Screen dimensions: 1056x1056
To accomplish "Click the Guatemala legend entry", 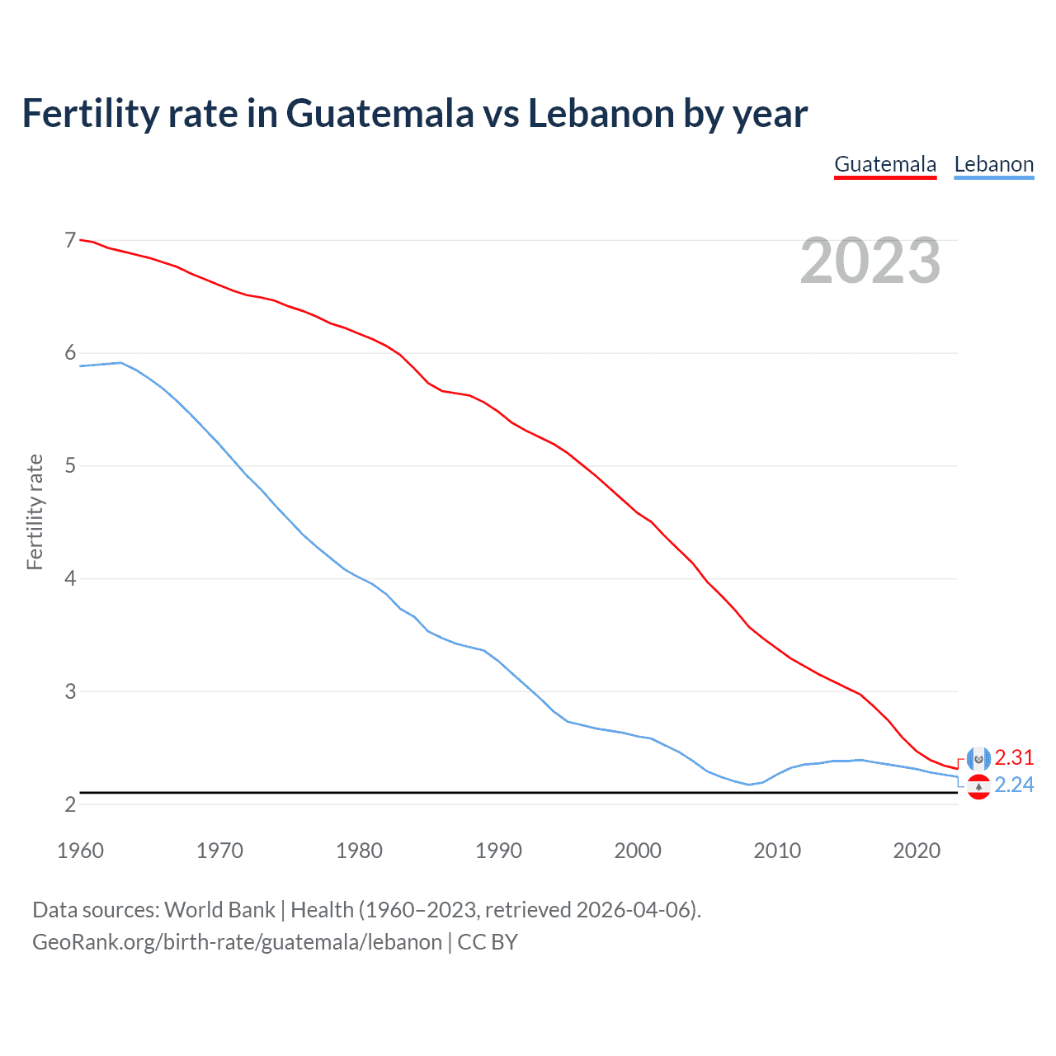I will pos(885,164).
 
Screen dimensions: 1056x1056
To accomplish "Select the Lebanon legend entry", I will pos(993,164).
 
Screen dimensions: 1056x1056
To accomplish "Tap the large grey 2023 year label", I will pos(870,261).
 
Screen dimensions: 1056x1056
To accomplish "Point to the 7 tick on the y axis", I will pos(70,241).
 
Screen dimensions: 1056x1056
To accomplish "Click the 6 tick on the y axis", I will pos(70,353).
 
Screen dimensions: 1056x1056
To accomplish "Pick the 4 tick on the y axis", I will pos(70,578).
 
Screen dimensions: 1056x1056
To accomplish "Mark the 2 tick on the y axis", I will pos(70,804).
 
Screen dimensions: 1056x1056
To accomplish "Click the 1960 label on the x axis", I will pos(80,851).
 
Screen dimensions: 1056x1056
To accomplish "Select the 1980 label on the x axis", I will pos(359,851).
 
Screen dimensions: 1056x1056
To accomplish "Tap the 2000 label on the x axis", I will pos(638,851).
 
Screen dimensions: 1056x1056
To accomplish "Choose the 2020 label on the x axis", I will pos(917,851).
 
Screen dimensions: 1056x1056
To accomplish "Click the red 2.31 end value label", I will pos(1014,757).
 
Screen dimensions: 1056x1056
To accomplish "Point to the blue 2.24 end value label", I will pos(1014,785).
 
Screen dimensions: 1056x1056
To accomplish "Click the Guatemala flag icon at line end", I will pos(978,758).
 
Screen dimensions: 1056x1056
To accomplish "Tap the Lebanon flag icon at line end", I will pos(978,787).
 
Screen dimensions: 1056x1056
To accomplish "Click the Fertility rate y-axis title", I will pos(35,511).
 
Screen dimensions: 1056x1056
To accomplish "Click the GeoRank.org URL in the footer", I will pos(237,942).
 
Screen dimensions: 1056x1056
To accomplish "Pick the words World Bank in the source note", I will pos(219,910).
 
